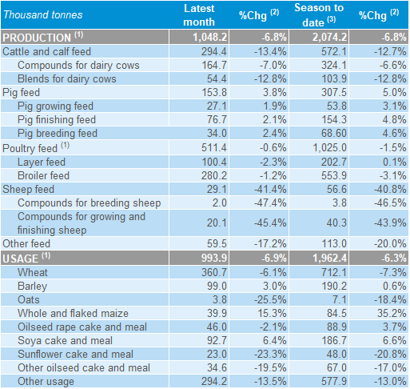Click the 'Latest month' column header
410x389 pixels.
pos(199,15)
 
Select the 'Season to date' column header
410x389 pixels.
pos(319,15)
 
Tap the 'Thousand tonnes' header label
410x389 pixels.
pos(43,15)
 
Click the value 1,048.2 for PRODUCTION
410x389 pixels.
pos(210,37)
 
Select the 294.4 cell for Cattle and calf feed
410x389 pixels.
pos(214,51)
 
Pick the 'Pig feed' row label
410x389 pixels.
pos(21,93)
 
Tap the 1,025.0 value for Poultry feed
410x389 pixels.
pos(330,147)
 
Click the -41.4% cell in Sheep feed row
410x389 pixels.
pos(270,189)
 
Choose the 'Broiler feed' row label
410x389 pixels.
pos(43,175)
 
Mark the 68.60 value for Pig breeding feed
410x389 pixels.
pos(334,133)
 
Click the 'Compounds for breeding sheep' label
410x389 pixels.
pos(90,203)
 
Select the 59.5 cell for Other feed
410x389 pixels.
pos(217,243)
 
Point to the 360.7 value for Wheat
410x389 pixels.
pos(214,272)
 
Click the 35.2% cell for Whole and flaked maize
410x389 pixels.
pos(392,313)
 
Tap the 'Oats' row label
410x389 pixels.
pos(29,299)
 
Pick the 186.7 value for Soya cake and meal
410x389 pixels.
pos(334,340)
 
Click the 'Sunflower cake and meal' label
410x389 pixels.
pos(75,354)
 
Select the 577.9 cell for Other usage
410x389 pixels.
pos(334,381)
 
